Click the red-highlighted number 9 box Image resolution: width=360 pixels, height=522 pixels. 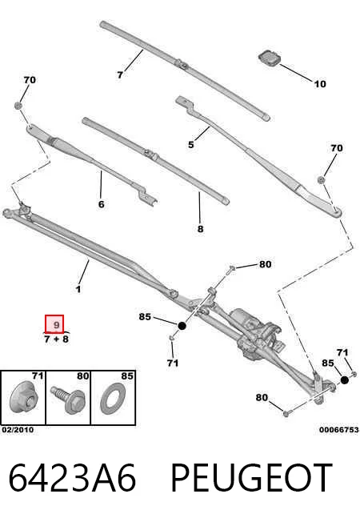pos(54,324)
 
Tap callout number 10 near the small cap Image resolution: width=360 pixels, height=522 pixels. pos(320,84)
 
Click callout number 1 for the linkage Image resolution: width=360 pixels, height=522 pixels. pos(78,289)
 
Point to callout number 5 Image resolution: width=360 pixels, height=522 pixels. pos(190,144)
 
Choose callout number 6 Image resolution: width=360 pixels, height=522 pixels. pos(101,204)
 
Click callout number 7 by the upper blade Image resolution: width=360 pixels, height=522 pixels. pos(120,75)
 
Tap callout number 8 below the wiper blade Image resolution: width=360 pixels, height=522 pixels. pos(200,229)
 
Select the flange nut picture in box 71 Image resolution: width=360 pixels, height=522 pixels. pos(23,399)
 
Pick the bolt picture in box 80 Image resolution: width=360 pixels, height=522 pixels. pos(68,400)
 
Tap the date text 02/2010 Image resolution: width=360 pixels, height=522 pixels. pos(18,430)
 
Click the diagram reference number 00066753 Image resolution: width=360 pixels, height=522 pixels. pos(339,430)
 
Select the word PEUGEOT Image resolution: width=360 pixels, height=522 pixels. pos(251,478)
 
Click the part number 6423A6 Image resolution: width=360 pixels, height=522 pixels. pos(72,477)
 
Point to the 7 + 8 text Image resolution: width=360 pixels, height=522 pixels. pos(56,339)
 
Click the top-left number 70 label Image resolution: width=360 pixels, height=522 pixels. pos(30,80)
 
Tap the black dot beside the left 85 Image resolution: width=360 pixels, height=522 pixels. pos(182,326)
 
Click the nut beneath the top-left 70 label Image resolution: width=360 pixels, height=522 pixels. pos(18,106)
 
